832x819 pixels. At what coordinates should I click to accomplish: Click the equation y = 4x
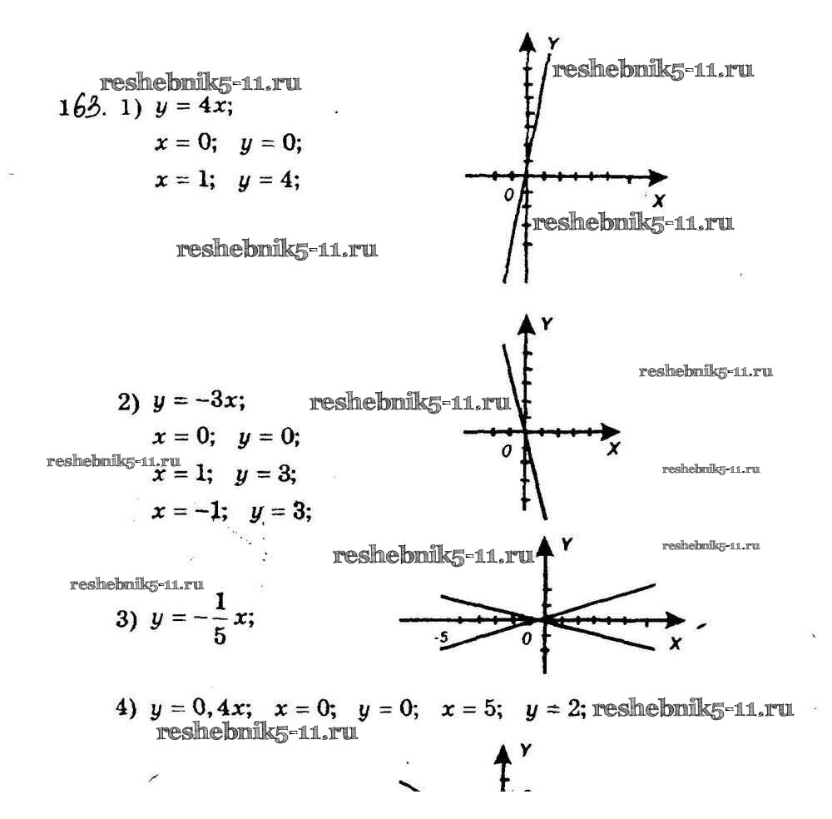pyautogui.click(x=194, y=107)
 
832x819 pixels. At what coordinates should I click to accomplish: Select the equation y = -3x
pyautogui.click(x=199, y=400)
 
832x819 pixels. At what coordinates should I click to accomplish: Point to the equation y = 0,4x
pyautogui.click(x=201, y=708)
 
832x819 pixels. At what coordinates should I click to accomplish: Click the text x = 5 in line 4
pyautogui.click(x=471, y=708)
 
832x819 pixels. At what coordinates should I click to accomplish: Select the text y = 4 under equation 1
pyautogui.click(x=269, y=181)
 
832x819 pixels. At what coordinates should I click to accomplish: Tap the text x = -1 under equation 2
pyautogui.click(x=190, y=512)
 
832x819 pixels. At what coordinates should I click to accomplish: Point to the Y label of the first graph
pyautogui.click(x=554, y=43)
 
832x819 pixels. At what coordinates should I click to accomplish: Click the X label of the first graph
pyautogui.click(x=659, y=201)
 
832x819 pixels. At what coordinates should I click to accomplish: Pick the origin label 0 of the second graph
pyautogui.click(x=507, y=451)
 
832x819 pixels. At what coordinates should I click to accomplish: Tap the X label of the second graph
pyautogui.click(x=613, y=449)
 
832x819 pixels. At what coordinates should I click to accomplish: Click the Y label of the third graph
pyautogui.click(x=567, y=544)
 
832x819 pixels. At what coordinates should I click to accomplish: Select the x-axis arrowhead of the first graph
pyautogui.click(x=658, y=177)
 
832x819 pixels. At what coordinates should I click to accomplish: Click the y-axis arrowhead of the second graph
pyautogui.click(x=527, y=324)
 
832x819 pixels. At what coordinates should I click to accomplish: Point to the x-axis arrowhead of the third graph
pyautogui.click(x=676, y=619)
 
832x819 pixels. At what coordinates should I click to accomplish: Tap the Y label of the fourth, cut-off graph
pyautogui.click(x=525, y=749)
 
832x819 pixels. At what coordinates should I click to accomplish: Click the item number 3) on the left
pyautogui.click(x=126, y=619)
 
